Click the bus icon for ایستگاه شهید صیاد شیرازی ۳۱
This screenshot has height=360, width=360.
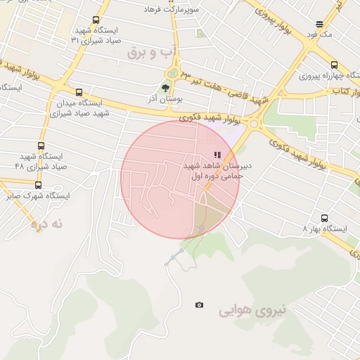point(96,20)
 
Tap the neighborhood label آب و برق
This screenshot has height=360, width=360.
point(149,53)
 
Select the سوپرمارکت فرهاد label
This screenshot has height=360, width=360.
point(172,10)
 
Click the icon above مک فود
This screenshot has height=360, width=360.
point(320,23)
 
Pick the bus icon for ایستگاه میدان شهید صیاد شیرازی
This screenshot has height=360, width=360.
point(78,92)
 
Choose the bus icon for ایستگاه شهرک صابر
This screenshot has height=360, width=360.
point(38,185)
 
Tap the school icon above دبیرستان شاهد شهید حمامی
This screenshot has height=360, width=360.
point(217,155)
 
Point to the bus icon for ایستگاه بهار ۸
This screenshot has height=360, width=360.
point(324,218)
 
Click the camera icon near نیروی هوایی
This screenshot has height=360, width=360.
point(200,305)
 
